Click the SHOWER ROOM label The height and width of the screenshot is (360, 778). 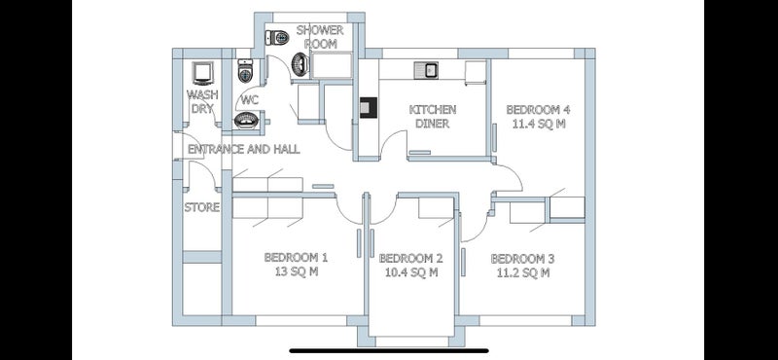320,37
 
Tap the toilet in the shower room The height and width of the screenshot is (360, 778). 277,37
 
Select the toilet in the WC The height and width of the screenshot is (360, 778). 246,71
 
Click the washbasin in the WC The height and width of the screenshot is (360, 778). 247,121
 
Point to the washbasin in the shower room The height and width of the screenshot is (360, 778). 301,64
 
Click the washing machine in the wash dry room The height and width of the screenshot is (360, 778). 202,74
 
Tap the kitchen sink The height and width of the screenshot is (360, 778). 425,70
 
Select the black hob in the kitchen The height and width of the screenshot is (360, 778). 369,108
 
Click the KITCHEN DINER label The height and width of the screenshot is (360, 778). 433,116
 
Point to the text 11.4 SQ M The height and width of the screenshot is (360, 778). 539,124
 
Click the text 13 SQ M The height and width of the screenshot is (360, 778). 296,272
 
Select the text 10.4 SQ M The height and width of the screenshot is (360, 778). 410,272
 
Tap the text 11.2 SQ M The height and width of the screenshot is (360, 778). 523,272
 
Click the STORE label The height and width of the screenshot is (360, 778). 202,207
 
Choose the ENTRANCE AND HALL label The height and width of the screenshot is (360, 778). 244,149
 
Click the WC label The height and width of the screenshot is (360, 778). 250,100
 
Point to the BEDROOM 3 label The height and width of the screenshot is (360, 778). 523,259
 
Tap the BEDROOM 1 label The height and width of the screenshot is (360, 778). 296,258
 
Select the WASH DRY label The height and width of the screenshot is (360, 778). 202,101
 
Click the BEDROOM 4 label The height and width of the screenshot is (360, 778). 539,109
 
